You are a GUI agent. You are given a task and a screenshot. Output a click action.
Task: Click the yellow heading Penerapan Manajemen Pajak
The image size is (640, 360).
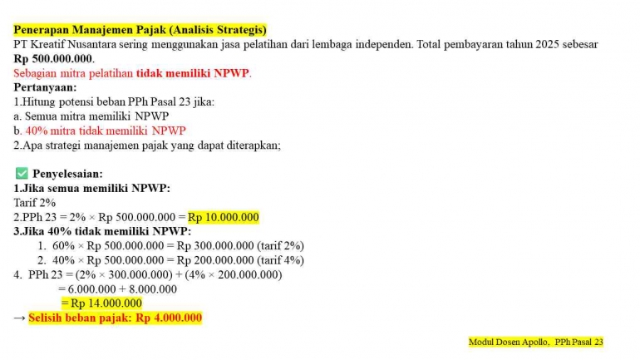coord(140,30)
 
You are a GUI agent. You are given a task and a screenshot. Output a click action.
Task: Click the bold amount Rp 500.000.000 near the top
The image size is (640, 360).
coord(53,58)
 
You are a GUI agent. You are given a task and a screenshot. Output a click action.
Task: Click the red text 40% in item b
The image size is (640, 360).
coord(36,131)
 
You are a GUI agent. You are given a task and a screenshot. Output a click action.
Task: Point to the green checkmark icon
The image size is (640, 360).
coord(22,173)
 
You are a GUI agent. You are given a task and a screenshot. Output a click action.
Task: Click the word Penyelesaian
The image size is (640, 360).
coord(67,174)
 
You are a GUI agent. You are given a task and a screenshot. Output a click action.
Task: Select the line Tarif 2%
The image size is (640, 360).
coord(34,202)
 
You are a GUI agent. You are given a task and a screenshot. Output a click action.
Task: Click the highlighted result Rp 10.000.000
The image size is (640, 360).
coord(223,217)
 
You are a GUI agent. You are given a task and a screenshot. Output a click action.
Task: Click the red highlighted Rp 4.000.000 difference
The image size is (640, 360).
coord(169,318)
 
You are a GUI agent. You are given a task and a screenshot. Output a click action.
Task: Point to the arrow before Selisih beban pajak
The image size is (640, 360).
coord(20,318)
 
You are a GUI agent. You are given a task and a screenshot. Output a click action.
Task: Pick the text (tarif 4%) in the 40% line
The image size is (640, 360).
coord(281,259)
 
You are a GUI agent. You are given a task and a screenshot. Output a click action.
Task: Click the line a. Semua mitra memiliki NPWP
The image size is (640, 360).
coord(91,116)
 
